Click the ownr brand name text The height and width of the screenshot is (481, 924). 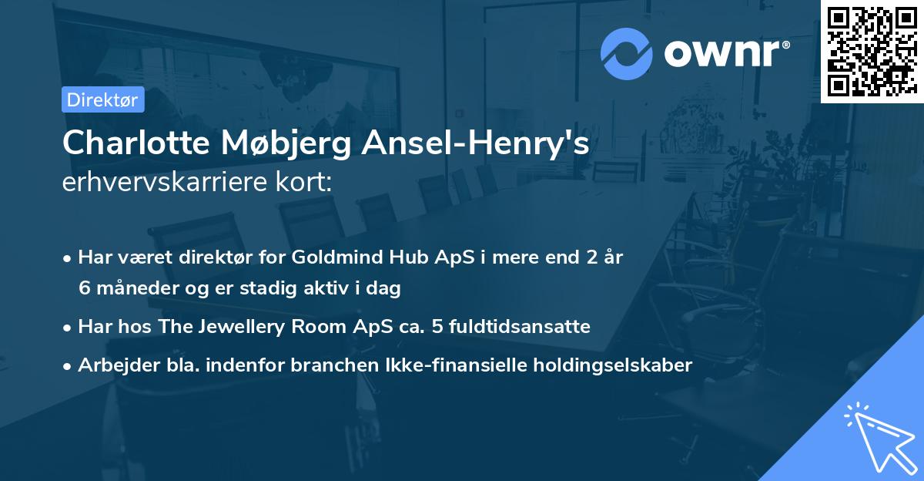(727, 53)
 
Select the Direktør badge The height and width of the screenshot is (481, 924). (102, 99)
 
